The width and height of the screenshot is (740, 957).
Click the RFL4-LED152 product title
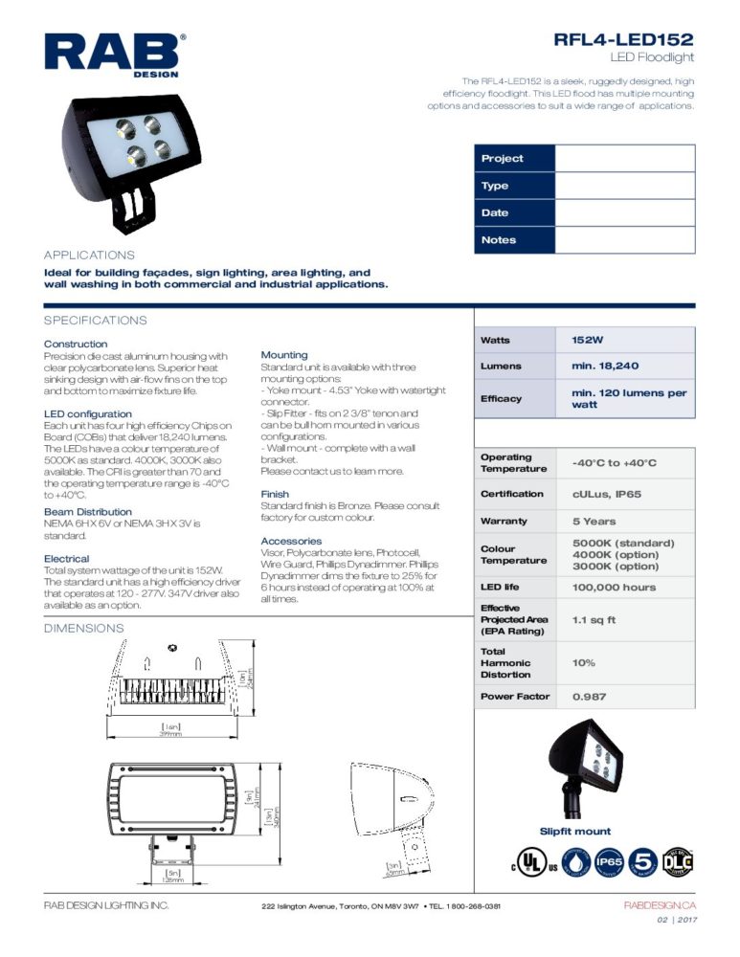(x=623, y=39)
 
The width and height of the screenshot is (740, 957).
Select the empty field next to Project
(x=624, y=159)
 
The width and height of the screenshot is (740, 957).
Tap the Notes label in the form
(x=499, y=240)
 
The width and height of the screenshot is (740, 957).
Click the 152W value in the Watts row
(x=587, y=340)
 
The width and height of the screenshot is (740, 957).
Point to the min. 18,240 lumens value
(x=605, y=366)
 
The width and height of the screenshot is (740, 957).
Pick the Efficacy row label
(x=501, y=398)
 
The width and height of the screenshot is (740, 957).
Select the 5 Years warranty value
(x=594, y=522)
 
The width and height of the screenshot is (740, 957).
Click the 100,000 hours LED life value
(x=614, y=587)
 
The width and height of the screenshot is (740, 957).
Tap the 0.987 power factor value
(x=589, y=697)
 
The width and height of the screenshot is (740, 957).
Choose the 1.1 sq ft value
(x=594, y=619)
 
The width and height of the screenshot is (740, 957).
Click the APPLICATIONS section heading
(x=89, y=256)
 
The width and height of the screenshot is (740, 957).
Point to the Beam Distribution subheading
(x=88, y=512)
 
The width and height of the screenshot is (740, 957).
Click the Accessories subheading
(x=291, y=541)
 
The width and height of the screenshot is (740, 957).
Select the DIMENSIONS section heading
(x=83, y=628)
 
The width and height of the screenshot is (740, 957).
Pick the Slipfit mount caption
(x=575, y=832)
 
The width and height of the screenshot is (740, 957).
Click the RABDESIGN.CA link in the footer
(x=660, y=905)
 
